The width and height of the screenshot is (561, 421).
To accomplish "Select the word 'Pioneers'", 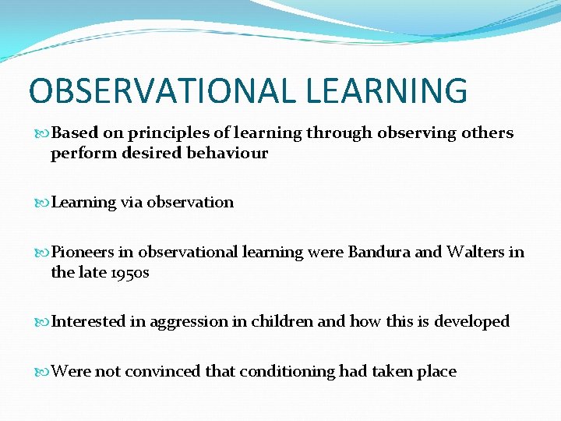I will (x=81, y=253).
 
